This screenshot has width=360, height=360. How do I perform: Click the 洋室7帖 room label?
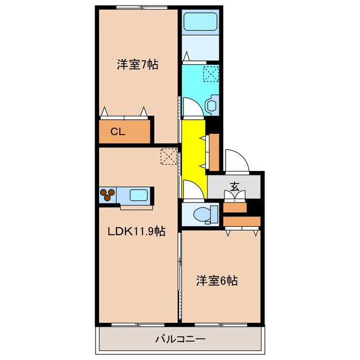[137, 65]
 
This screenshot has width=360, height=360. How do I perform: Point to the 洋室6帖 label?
[217, 280]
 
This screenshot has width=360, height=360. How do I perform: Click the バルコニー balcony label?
[180, 339]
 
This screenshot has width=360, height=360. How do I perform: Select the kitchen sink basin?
[139, 195]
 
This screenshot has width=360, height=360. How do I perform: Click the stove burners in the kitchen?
[108, 195]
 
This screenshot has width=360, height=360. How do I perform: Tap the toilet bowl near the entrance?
[202, 214]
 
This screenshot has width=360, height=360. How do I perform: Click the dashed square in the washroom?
[210, 74]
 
